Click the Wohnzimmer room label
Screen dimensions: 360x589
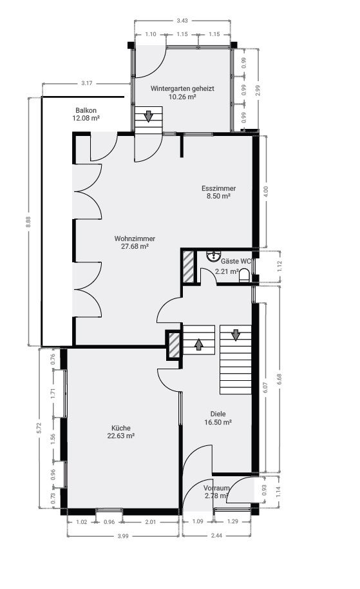tap(135, 238)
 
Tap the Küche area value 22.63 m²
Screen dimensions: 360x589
tap(121, 436)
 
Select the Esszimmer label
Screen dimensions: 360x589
tap(218, 188)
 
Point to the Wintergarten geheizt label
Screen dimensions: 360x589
tap(182, 89)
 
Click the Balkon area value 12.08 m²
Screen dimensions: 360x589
tap(86, 118)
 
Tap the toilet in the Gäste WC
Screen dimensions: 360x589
tap(244, 275)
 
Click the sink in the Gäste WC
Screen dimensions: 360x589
tap(213, 256)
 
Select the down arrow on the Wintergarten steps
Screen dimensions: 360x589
tap(149, 116)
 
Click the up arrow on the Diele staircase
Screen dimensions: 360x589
tap(198, 343)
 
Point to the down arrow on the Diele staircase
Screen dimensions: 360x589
tap(235, 334)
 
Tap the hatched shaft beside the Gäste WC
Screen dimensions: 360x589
tap(188, 267)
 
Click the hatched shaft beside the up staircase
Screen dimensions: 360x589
tap(173, 345)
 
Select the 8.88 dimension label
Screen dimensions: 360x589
tap(28, 222)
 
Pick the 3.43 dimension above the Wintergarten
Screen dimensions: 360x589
tap(182, 21)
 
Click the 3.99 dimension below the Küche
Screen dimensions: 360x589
tap(123, 536)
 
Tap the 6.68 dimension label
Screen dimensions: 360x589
tap(279, 379)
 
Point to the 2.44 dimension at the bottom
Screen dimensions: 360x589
tap(216, 536)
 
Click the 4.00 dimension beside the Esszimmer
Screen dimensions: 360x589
tap(266, 191)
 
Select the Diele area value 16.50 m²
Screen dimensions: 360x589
tap(218, 422)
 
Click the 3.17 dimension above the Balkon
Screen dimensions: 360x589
tap(87, 83)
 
